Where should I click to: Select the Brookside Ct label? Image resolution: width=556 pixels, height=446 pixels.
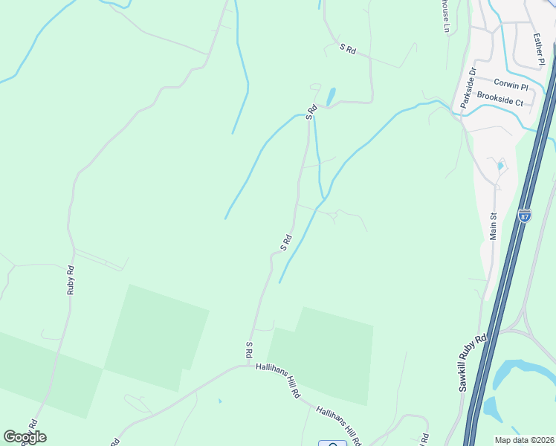point(500,97)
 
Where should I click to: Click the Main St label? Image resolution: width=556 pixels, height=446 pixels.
point(492,223)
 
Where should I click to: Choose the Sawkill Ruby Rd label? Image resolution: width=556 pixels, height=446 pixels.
point(473,362)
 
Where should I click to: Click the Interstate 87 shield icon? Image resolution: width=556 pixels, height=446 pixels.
point(525,216)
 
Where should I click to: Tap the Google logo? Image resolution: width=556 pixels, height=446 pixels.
point(25,437)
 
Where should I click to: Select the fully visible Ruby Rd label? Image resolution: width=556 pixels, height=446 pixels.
point(71,280)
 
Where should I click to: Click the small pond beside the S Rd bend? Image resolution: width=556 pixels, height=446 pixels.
point(331,97)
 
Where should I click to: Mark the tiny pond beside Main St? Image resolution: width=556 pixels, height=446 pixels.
point(501,167)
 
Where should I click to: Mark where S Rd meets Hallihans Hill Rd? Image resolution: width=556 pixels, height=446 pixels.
point(248,365)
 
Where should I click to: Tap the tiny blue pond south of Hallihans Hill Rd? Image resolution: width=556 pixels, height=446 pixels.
point(219,401)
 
